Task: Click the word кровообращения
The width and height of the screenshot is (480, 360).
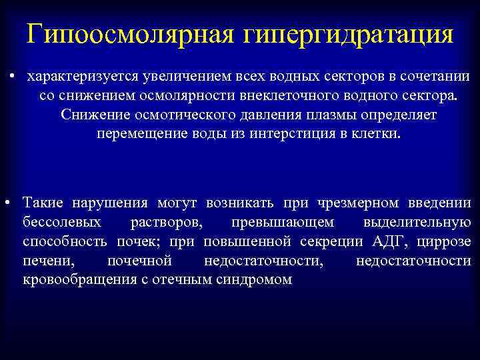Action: (x=74, y=279)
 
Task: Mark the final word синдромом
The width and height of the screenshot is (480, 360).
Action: (x=254, y=279)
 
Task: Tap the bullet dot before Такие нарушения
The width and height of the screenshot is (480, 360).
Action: (x=7, y=202)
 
